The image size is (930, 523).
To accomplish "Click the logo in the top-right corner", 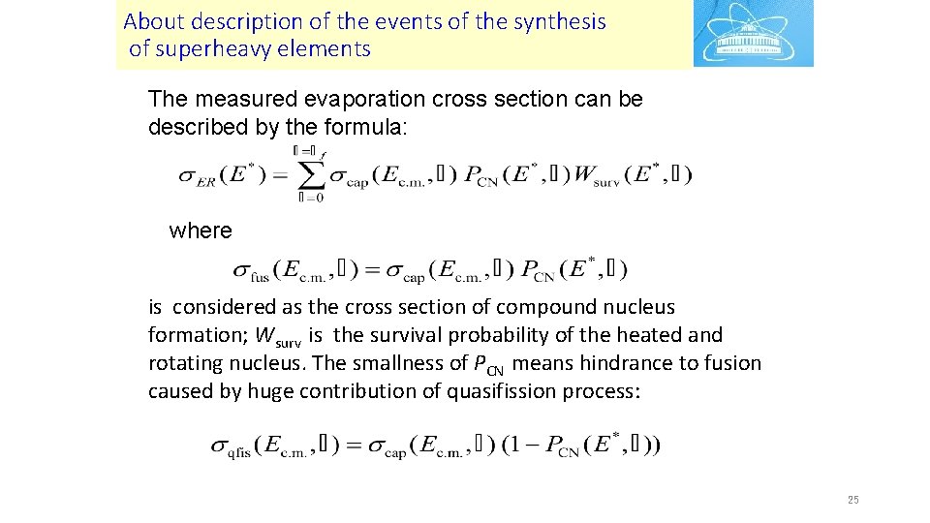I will pos(753,34).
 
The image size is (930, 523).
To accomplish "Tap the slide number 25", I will pos(852,500).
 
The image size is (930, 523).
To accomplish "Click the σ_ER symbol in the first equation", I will pos(198,176).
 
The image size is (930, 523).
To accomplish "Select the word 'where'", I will pos(201,231).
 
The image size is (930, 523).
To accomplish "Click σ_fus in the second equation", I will pos(251,270).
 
